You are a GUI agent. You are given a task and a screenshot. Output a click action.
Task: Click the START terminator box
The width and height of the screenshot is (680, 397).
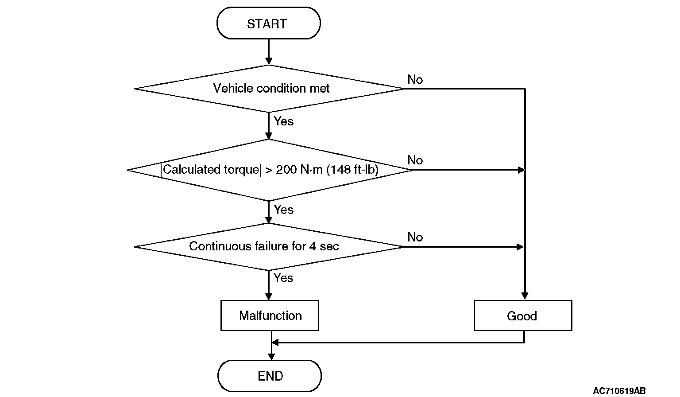coord(269,23)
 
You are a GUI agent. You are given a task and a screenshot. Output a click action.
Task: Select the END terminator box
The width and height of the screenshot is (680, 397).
coord(270,376)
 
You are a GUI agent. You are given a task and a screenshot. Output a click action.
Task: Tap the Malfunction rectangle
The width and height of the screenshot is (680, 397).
coord(270,315)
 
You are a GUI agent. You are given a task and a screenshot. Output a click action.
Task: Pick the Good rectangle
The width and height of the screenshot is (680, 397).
coord(523,315)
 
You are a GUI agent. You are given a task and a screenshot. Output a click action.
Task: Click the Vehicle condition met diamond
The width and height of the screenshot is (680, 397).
coord(269,89)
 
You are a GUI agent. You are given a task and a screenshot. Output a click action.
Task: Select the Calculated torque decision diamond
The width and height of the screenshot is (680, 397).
coord(269,170)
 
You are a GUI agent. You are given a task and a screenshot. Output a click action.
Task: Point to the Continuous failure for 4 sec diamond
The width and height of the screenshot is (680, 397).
coord(268,247)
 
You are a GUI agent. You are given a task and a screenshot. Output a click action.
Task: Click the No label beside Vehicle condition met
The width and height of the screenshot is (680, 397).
coord(415,80)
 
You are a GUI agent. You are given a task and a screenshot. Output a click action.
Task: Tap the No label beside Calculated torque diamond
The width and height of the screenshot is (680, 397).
coord(415,160)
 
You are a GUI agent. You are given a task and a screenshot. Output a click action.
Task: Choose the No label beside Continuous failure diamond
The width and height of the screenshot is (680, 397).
coord(415,237)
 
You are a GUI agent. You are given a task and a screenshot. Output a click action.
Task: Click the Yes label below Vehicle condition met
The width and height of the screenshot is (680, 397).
coord(283,121)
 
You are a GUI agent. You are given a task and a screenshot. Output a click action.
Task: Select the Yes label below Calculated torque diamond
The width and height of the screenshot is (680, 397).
coord(283,210)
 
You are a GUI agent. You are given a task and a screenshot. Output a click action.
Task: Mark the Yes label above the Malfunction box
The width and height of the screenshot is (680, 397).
coord(283,278)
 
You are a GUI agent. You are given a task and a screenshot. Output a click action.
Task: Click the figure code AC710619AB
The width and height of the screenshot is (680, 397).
coord(619,391)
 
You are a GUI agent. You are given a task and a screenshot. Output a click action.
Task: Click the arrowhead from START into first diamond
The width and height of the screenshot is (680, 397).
coord(269,61)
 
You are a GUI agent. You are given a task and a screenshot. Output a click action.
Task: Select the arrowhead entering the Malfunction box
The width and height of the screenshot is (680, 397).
coord(269,296)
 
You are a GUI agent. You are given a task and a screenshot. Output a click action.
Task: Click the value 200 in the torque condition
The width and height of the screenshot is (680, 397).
coord(286,170)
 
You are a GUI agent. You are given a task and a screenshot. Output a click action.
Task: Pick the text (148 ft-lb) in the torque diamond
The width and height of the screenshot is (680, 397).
coord(352,170)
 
